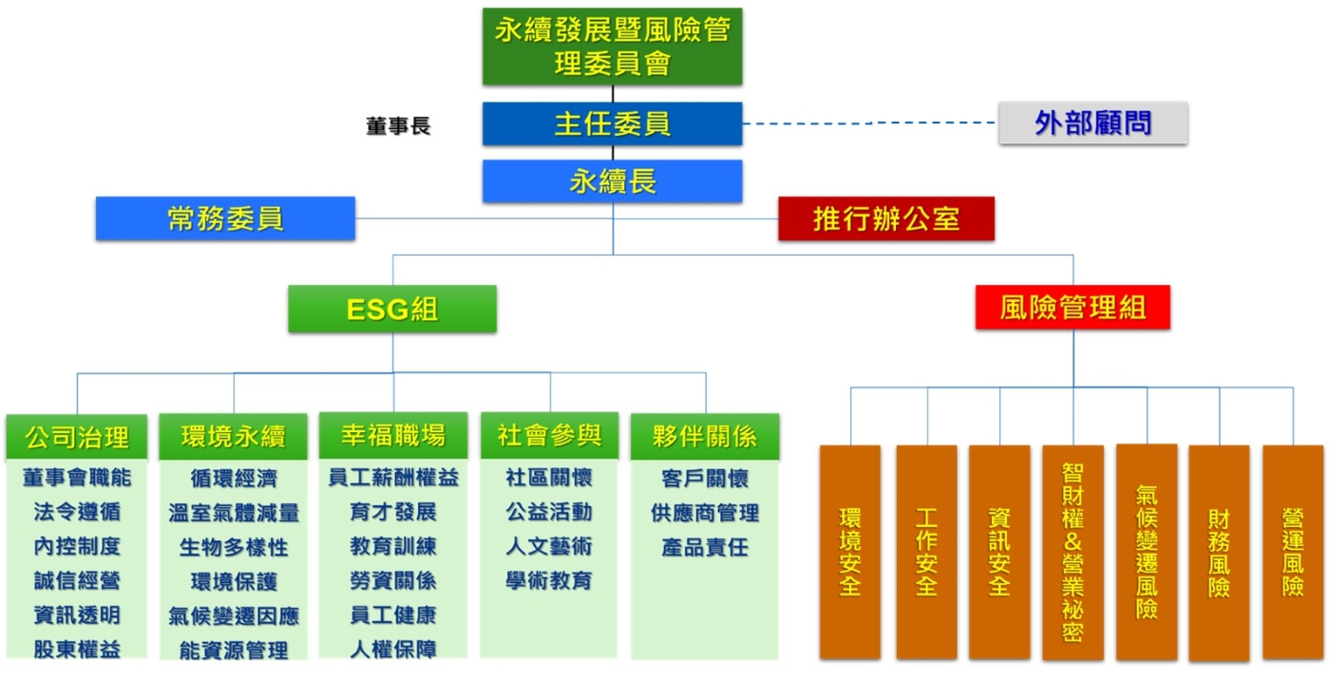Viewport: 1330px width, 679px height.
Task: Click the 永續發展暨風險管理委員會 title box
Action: pyautogui.click(x=612, y=47)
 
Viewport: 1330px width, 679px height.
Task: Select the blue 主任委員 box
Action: pyautogui.click(x=612, y=123)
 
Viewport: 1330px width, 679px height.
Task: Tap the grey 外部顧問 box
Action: pyautogui.click(x=1092, y=123)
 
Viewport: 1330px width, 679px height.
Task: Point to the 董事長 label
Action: pyautogui.click(x=398, y=126)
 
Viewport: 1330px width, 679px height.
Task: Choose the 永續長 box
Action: pyautogui.click(x=612, y=181)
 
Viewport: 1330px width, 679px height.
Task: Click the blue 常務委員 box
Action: pyautogui.click(x=225, y=218)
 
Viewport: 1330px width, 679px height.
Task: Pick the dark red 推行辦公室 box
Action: pyautogui.click(x=885, y=218)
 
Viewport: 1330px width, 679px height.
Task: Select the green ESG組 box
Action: pyautogui.click(x=392, y=309)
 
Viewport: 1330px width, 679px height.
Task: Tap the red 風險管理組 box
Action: pyautogui.click(x=1073, y=307)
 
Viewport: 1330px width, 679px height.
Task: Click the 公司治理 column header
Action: pyautogui.click(x=77, y=437)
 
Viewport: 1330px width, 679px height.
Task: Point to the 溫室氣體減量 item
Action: pyautogui.click(x=234, y=514)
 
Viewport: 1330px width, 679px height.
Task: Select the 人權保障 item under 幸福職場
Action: pyautogui.click(x=393, y=650)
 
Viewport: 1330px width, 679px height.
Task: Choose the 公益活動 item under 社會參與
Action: pyautogui.click(x=549, y=513)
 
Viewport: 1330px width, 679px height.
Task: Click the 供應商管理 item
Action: pyautogui.click(x=705, y=514)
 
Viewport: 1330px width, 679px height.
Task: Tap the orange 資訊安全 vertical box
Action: pyautogui.click(x=999, y=552)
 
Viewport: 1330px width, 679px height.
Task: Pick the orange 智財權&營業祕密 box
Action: pyautogui.click(x=1073, y=552)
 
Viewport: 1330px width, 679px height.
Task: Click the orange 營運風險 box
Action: pyautogui.click(x=1292, y=552)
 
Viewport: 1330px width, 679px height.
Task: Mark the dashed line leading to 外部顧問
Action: pyautogui.click(x=869, y=123)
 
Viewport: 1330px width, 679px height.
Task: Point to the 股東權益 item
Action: pyautogui.click(x=77, y=650)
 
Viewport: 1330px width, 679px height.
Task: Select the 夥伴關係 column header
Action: pyautogui.click(x=705, y=437)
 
